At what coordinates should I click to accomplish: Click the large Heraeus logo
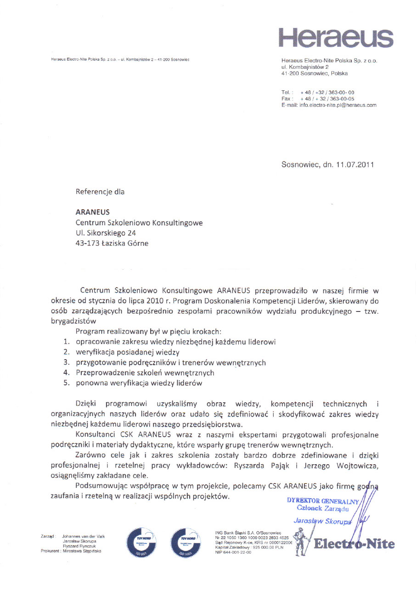pyautogui.click(x=336, y=36)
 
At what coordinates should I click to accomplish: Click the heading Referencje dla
pyautogui.click(x=100, y=192)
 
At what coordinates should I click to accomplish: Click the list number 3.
pyautogui.click(x=66, y=362)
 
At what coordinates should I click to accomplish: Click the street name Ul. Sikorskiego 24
pyautogui.click(x=106, y=233)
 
